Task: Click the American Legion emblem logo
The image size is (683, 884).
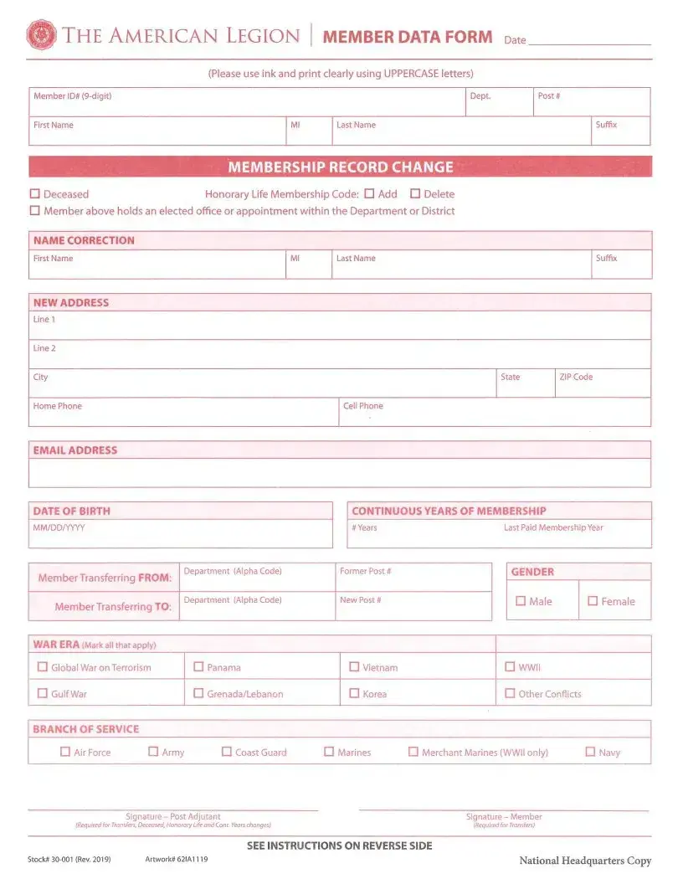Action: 41,35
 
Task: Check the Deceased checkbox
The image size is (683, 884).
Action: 35,193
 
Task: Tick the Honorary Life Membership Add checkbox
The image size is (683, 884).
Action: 369,193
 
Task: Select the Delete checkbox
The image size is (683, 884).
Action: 414,193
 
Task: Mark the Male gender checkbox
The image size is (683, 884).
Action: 521,601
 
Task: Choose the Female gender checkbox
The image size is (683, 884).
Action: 593,601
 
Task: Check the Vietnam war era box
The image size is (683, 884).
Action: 354,667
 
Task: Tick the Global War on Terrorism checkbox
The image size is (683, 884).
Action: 43,667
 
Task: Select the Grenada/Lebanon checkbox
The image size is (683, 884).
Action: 198,693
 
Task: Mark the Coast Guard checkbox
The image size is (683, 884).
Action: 227,752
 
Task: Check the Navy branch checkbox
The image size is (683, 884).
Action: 590,752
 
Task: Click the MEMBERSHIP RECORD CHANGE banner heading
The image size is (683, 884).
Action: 340,167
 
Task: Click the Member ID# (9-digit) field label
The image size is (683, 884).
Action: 72,96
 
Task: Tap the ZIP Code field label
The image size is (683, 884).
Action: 576,377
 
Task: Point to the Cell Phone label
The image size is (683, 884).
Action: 362,406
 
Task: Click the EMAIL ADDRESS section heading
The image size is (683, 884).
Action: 75,450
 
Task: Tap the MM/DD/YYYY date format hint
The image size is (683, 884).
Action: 59,528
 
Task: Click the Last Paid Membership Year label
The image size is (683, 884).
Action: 553,528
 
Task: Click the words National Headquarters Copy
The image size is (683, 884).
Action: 584,861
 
